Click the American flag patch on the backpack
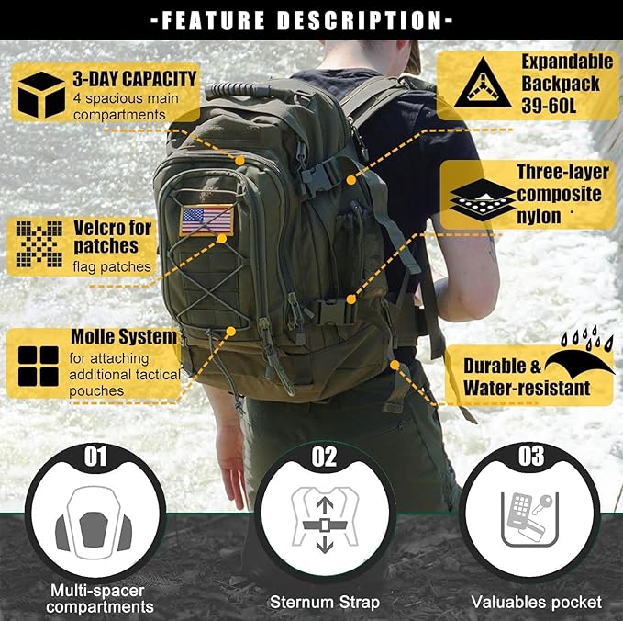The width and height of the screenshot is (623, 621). coord(206,220)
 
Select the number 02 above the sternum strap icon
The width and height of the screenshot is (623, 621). coord(324,455)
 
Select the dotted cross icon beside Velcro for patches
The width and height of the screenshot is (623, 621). coord(38,246)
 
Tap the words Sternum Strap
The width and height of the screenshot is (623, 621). coord(324,603)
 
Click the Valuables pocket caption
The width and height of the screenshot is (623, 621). coord(536,603)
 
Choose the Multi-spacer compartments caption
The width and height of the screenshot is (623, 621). coord(100,598)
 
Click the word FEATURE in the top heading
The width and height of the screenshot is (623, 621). coord(221,19)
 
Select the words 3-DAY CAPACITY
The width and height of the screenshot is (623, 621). coord(135,80)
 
